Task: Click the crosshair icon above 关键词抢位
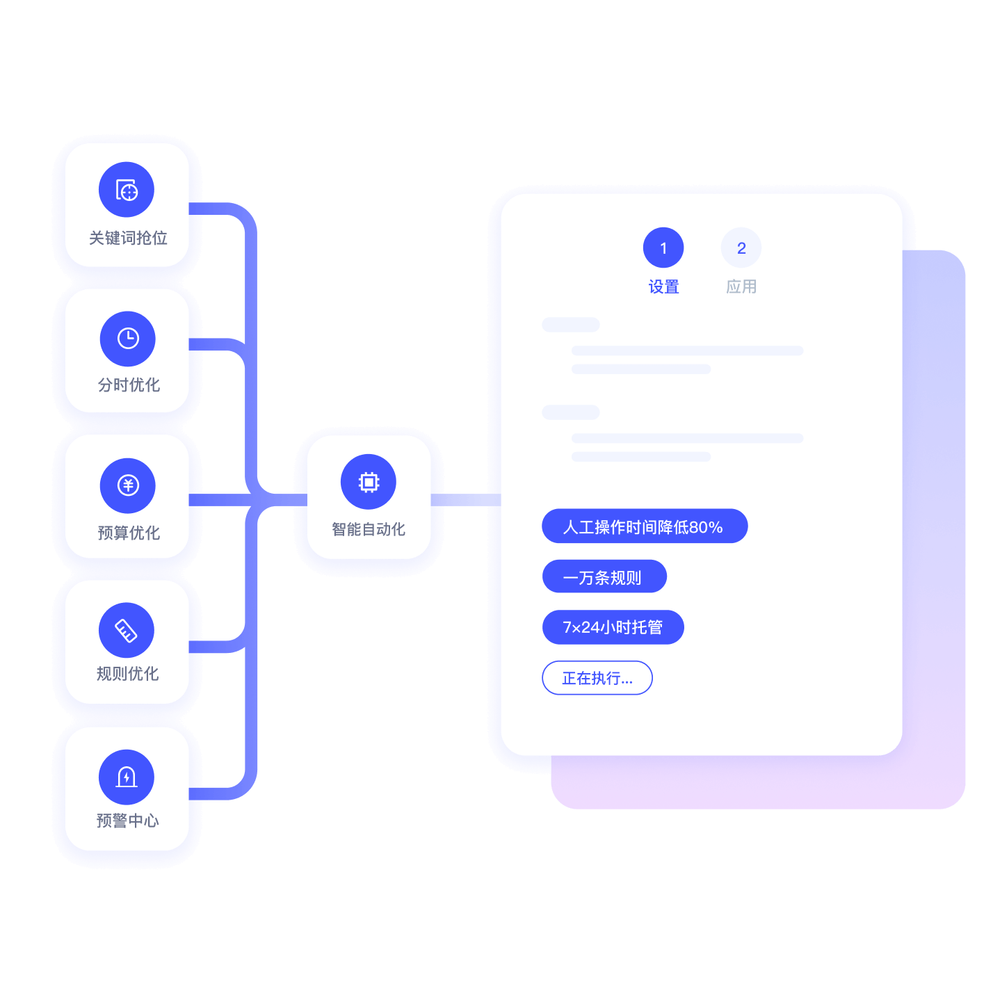[x=127, y=190]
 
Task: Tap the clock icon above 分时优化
[x=128, y=339]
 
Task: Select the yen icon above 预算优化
[x=128, y=485]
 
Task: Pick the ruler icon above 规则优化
[x=127, y=630]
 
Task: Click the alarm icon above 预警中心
[x=127, y=777]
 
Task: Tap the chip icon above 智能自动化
[x=369, y=482]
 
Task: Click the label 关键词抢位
[x=129, y=238]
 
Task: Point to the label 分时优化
[x=129, y=385]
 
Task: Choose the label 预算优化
[x=129, y=533]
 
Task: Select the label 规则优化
[x=128, y=674]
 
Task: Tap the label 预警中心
[x=128, y=821]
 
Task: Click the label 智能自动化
[x=369, y=529]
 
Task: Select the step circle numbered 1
[x=663, y=248]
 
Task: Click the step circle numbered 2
[x=741, y=248]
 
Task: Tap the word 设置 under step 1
[x=663, y=286]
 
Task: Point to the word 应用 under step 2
[x=741, y=286]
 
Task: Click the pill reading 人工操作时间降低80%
[x=645, y=526]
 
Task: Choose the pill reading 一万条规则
[x=604, y=576]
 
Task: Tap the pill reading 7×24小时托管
[x=613, y=627]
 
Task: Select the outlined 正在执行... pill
[x=597, y=677]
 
